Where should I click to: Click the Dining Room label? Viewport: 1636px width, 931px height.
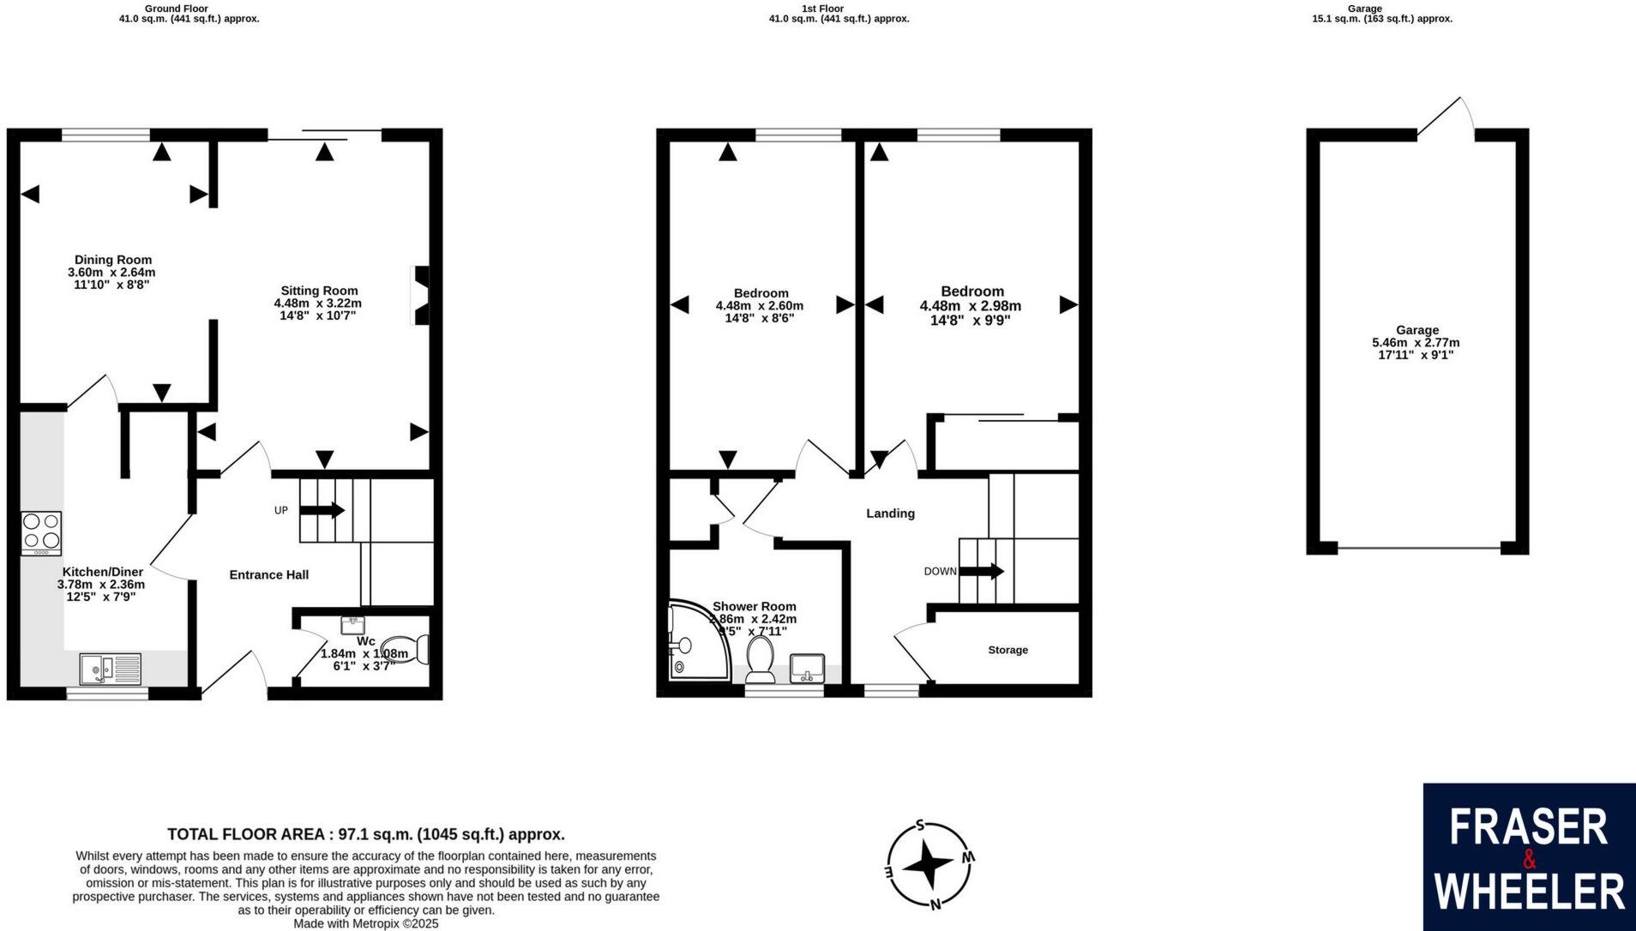pyautogui.click(x=112, y=260)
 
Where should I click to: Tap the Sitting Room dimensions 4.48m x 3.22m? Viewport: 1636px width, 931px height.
pyautogui.click(x=317, y=303)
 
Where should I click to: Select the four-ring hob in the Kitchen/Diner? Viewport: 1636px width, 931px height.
pyautogui.click(x=41, y=532)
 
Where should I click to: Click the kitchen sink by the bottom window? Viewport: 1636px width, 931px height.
pyautogui.click(x=110, y=668)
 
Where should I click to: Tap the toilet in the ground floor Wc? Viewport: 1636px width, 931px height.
pyautogui.click(x=405, y=649)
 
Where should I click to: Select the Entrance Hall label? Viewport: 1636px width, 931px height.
pyautogui.click(x=268, y=574)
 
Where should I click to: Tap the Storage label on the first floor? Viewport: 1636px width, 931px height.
pyautogui.click(x=1007, y=650)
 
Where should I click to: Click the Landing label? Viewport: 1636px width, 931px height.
pyautogui.click(x=890, y=514)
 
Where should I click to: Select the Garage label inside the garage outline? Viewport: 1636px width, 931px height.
pyautogui.click(x=1416, y=330)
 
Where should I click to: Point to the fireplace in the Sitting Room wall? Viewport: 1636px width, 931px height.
pyautogui.click(x=421, y=296)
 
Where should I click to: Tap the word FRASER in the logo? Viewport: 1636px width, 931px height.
pyautogui.click(x=1529, y=827)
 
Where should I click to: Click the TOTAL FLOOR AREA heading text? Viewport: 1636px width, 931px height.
pyautogui.click(x=365, y=834)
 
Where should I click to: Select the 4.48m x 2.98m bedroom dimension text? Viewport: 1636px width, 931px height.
pyautogui.click(x=970, y=306)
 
